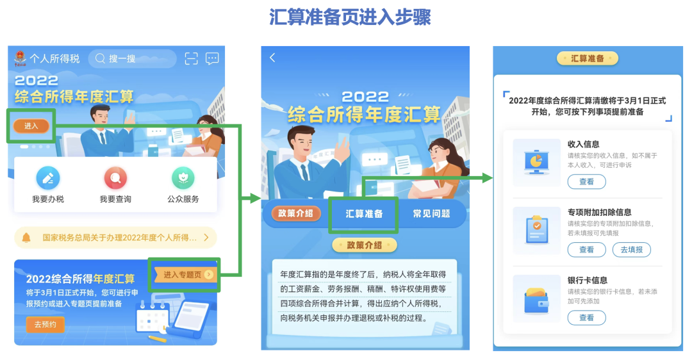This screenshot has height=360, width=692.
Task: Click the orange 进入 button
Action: (x=31, y=126)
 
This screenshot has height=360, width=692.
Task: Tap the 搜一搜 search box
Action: (x=132, y=59)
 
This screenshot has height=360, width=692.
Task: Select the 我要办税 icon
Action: (x=48, y=178)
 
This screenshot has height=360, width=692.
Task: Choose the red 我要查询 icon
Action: (x=115, y=178)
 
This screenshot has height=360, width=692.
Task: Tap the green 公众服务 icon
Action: (x=183, y=178)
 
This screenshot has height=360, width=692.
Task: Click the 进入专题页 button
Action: (x=185, y=275)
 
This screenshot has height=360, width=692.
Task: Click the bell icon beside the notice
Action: (x=26, y=238)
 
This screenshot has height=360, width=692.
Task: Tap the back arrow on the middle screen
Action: (x=272, y=58)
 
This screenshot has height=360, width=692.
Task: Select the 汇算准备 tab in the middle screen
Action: (x=364, y=214)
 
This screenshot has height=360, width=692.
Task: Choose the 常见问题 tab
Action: (x=431, y=214)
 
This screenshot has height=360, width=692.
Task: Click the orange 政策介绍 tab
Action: (x=295, y=213)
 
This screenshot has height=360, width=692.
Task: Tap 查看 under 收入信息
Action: (x=586, y=182)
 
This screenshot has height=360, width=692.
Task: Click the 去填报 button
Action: (x=631, y=250)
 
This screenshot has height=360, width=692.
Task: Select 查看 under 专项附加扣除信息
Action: (x=586, y=250)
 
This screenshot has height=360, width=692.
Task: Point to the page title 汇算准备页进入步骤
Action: (x=350, y=17)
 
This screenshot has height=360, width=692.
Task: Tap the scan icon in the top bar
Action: (x=191, y=59)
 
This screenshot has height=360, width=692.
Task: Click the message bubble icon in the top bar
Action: (x=212, y=59)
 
